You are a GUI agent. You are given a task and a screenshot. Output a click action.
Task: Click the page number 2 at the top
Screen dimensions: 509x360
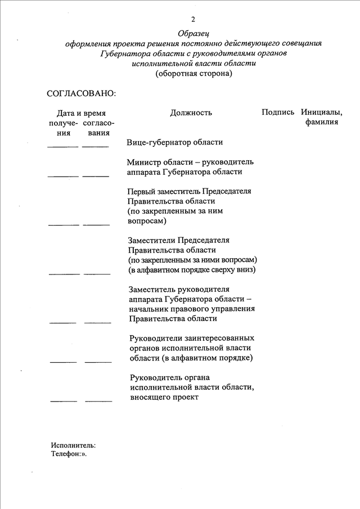[193, 20]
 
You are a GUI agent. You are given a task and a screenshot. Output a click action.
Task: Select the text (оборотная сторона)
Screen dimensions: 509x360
[193, 74]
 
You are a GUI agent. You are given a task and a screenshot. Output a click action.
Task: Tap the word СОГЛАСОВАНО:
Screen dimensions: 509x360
[82, 93]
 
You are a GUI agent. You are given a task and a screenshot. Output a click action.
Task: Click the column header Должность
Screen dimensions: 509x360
[191, 112]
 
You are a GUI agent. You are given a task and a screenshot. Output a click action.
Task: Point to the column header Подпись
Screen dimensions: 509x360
[278, 112]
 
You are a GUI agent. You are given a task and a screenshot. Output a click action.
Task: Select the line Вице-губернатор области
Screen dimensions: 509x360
[175, 142]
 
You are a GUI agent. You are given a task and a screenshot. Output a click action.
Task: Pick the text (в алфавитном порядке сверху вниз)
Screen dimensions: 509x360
[192, 270]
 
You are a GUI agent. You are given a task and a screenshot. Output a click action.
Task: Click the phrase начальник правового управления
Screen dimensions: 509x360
[192, 309]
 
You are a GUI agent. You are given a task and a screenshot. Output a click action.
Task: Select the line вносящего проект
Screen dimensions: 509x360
[164, 397]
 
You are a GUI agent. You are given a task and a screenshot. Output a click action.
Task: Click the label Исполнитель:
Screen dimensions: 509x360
[73, 445]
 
